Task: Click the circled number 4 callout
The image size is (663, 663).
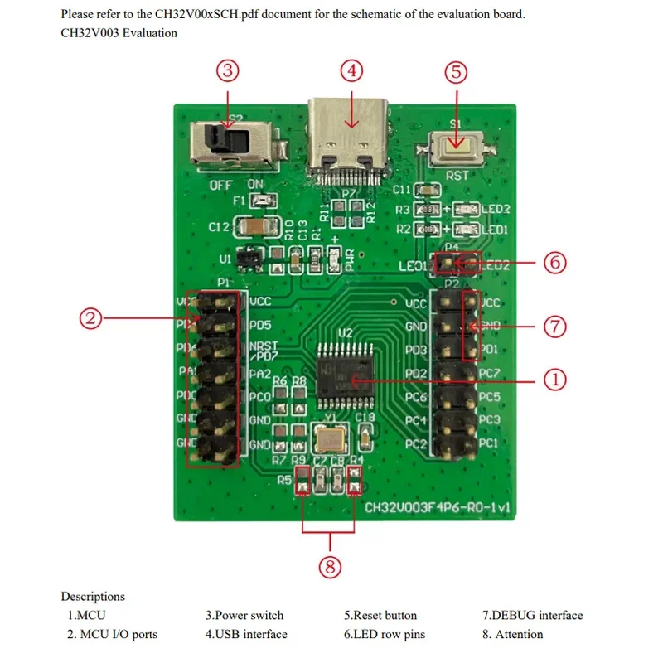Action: pyautogui.click(x=352, y=71)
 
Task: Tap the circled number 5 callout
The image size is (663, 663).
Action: pyautogui.click(x=456, y=71)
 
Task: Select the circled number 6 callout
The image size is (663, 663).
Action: pyautogui.click(x=554, y=263)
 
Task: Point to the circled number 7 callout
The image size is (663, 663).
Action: pyautogui.click(x=554, y=327)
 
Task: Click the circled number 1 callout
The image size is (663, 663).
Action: pyautogui.click(x=554, y=380)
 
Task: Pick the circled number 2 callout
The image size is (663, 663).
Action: pyautogui.click(x=92, y=317)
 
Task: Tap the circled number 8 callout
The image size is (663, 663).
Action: pyautogui.click(x=330, y=566)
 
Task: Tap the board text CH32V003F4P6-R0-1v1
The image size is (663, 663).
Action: pyautogui.click(x=437, y=506)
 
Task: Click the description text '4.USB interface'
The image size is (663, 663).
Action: pyautogui.click(x=246, y=634)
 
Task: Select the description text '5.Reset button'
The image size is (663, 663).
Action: pyautogui.click(x=380, y=616)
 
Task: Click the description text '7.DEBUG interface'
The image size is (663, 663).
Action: pyautogui.click(x=532, y=616)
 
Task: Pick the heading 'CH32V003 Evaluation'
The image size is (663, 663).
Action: pyautogui.click(x=119, y=33)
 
